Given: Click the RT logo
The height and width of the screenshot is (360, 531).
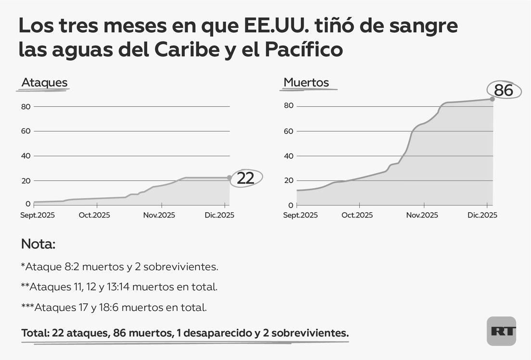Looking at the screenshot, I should pos(501,331).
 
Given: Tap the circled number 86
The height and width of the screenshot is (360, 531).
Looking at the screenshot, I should pos(504,90).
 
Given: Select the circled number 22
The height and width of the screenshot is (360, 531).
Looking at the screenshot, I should pos(245,178).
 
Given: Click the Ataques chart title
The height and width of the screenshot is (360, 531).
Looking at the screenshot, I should pos(44,83).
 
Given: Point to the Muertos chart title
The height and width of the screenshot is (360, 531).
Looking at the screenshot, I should pos(306,82).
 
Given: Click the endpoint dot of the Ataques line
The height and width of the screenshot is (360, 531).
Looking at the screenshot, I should pos(229,178).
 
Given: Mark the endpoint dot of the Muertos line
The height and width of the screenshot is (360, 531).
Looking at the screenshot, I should pos(492,99).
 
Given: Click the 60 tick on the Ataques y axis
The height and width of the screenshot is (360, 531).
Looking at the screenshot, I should pos(26,131).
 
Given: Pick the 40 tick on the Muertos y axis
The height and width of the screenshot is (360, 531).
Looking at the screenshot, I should pos(289,156).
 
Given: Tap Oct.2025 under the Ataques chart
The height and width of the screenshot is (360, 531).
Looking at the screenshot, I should pos(94,215).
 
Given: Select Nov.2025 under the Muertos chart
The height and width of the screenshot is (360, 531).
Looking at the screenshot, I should pos(422,215).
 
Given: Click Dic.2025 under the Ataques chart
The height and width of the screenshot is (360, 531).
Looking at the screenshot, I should pos(219,215).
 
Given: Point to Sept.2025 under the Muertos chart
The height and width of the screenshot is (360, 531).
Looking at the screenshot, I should pos(301,215).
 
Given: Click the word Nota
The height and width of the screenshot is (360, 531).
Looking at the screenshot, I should pos(38,244).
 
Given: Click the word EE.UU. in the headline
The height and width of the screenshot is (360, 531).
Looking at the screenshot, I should pos(272,26).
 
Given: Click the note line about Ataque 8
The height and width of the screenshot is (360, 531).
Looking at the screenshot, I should pos(123,266).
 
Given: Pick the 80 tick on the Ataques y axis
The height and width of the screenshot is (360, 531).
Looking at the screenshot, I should pos(26,106).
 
